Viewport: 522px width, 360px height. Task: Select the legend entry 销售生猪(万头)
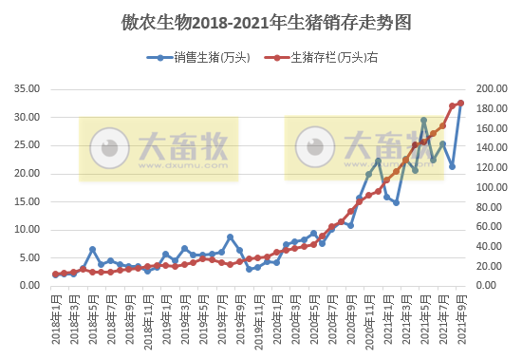tap(203, 59)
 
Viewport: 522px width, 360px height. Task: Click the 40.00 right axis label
tap(488, 246)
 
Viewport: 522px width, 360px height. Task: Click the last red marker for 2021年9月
tap(461, 103)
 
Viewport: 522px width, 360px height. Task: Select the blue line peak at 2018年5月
tap(92, 249)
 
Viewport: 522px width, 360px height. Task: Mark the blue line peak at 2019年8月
tap(230, 237)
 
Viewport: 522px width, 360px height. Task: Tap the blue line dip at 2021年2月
tap(396, 202)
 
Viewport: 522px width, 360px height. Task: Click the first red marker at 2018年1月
tap(55, 274)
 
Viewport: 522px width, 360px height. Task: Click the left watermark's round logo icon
tap(109, 148)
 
